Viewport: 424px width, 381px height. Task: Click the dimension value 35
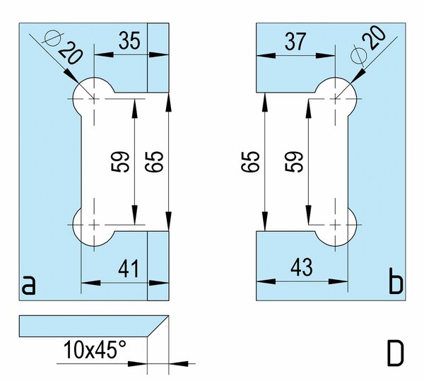click(129, 40)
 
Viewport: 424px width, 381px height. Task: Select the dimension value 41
click(129, 269)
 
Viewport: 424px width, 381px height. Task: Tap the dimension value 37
click(295, 42)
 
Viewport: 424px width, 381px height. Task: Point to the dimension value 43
click(302, 267)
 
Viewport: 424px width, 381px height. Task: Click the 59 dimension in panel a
click(120, 162)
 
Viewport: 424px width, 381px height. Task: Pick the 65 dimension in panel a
click(154, 162)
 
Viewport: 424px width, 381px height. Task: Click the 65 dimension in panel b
click(250, 162)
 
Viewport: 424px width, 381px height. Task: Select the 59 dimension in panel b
click(294, 162)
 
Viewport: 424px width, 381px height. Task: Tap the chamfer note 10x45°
click(95, 349)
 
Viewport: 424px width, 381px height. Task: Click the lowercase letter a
click(28, 285)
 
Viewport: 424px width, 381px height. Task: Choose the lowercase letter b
click(396, 281)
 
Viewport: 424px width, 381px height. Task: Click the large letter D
click(395, 353)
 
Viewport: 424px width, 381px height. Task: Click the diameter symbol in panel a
click(53, 38)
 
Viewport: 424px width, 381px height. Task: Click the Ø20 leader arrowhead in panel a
click(71, 76)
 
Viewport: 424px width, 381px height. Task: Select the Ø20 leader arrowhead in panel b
click(358, 76)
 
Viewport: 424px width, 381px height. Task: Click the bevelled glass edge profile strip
click(94, 326)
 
